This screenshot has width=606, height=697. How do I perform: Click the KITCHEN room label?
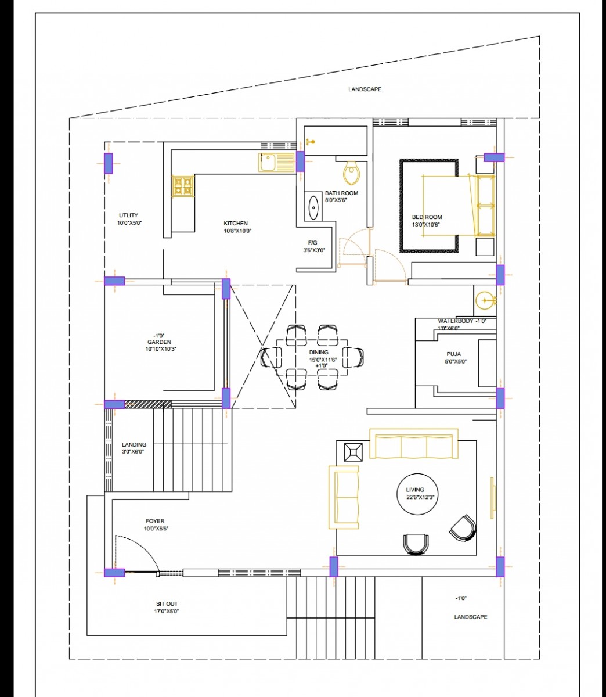236,223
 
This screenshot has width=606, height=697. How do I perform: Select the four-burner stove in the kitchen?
182,186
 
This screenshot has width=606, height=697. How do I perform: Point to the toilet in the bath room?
351,173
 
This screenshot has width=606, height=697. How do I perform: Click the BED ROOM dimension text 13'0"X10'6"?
426,225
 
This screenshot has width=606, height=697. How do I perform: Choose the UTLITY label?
128,215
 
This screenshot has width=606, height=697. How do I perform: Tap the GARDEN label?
159,342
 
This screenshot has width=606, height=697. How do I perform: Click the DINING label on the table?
319,353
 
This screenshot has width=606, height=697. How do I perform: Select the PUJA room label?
453,354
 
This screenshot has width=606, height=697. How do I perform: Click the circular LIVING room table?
415,494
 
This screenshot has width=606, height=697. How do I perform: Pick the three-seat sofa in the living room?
414,445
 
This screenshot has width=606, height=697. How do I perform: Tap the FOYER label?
155,522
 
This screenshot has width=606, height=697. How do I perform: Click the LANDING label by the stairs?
134,444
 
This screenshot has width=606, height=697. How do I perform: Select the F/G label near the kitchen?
313,243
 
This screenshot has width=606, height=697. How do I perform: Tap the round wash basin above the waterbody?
484,300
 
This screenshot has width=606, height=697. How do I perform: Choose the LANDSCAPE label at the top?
365,89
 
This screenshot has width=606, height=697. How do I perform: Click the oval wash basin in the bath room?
313,207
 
